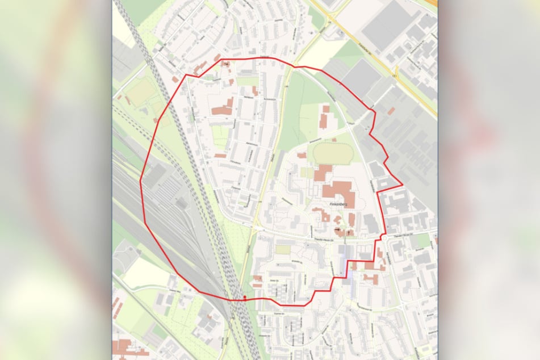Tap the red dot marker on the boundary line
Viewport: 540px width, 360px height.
pyautogui.click(x=245, y=297)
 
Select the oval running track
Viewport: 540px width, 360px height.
pyautogui.click(x=332, y=153)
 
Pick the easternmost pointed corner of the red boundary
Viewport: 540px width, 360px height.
pyautogui.click(x=402, y=185)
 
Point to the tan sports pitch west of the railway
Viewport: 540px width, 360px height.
pyautogui.click(x=140, y=91)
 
